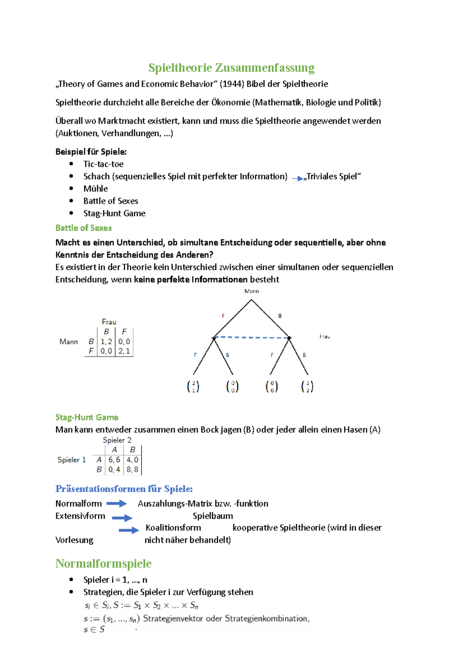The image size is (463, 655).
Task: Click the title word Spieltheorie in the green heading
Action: point(180,68)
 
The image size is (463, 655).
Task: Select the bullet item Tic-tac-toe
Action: point(103,164)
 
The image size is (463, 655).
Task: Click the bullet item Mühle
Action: point(96,189)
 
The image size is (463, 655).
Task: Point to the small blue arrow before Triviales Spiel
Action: point(297,178)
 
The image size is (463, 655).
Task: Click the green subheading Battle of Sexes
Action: point(83,228)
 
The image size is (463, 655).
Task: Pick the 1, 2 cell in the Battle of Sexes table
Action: point(106,342)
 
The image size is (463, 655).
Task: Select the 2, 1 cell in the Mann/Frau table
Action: point(124,351)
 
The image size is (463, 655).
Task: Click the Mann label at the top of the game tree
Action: point(252,291)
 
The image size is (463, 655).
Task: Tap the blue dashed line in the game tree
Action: point(252,338)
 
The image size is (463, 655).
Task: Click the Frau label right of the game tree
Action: point(324,337)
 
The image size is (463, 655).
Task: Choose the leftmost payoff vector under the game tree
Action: point(193,387)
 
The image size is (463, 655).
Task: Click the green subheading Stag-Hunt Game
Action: point(87,417)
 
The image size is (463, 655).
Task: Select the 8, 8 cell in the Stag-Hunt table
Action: point(132,469)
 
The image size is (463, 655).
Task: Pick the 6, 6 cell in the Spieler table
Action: point(114,460)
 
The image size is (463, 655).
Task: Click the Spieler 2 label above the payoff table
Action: point(117,440)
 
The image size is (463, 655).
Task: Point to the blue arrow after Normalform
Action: point(117,503)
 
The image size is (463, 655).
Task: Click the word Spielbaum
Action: point(213,516)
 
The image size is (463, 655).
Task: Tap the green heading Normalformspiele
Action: point(103,564)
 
